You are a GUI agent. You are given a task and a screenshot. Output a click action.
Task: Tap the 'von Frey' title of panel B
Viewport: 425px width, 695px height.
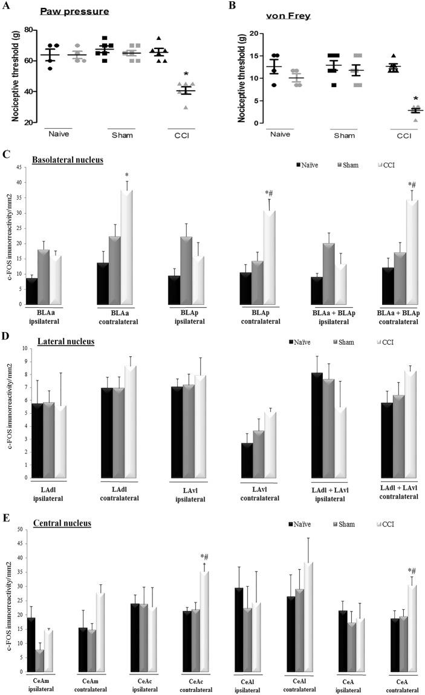pos(291,16)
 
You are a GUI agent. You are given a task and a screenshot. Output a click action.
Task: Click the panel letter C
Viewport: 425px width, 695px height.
pos(5,154)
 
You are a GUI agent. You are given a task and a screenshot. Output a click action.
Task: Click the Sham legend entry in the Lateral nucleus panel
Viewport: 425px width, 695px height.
pos(345,342)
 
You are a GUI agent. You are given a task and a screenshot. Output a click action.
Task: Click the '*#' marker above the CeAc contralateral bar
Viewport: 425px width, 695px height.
pos(204,557)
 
